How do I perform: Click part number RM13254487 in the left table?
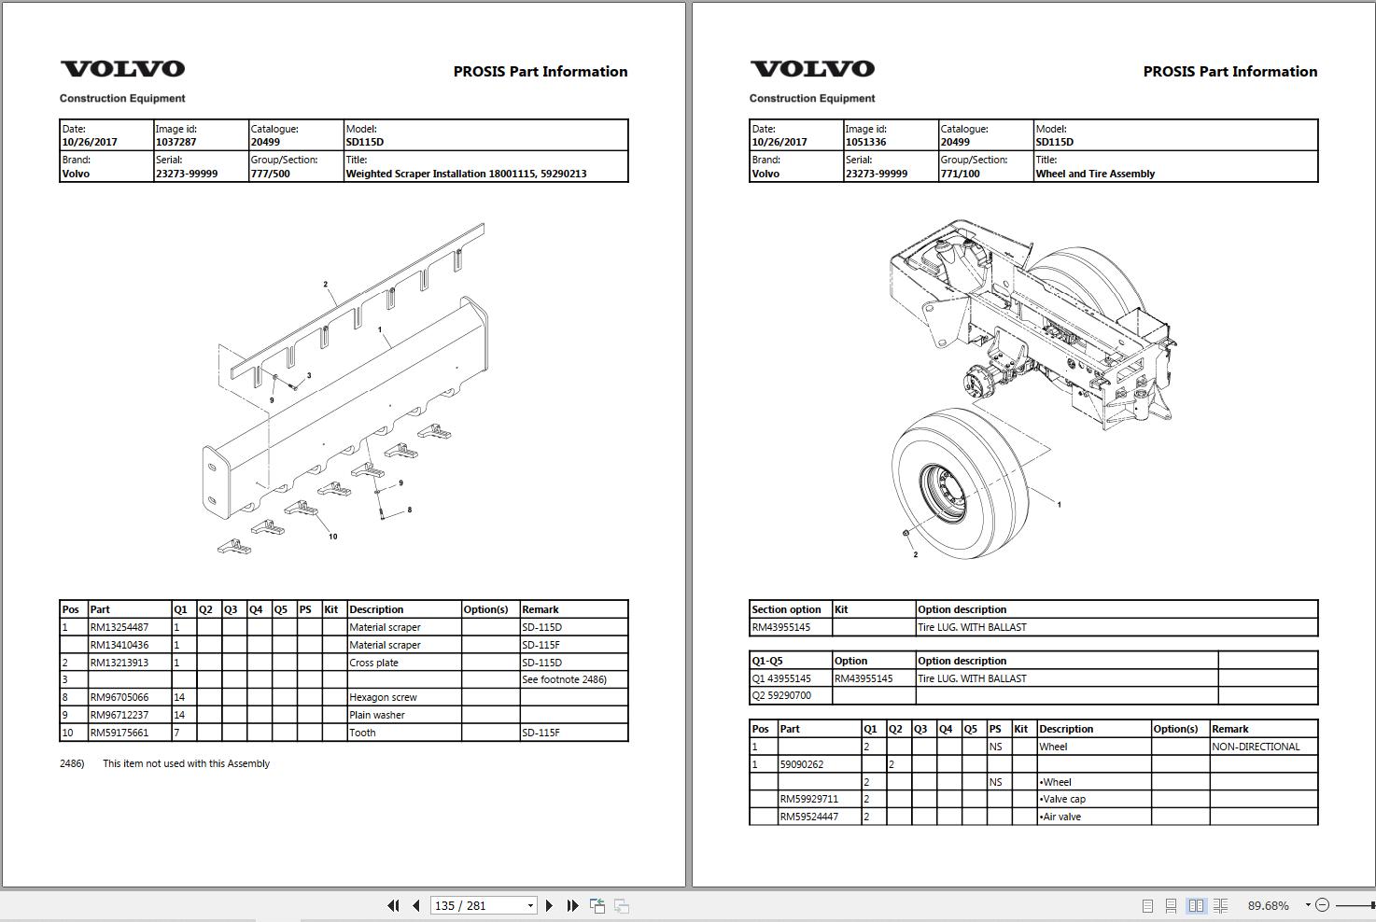coord(119,627)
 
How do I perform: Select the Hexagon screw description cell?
coord(383,697)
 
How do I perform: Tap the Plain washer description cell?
coord(377,715)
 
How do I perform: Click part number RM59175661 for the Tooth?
coord(119,733)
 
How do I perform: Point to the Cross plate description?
coord(373,663)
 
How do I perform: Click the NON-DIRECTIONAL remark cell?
coord(1256,747)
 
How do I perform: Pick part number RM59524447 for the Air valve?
coord(808,817)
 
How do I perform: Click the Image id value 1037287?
coord(176,142)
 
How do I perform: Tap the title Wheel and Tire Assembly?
coord(1094,174)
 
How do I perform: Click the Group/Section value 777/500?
coord(270,174)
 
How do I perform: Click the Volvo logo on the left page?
coord(122,69)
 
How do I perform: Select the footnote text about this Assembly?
coord(186,763)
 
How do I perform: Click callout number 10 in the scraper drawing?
coord(332,537)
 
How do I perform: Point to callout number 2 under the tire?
coord(915,554)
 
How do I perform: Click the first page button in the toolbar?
coord(393,905)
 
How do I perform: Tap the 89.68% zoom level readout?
coord(1268,905)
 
